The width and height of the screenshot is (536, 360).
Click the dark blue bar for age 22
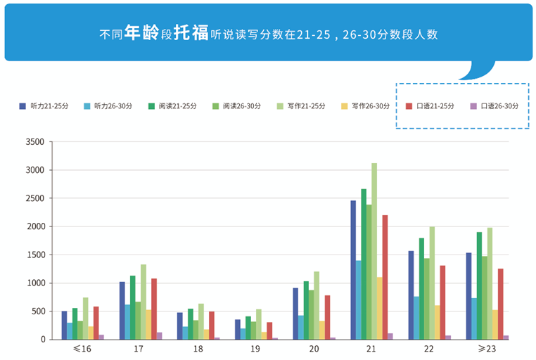411,295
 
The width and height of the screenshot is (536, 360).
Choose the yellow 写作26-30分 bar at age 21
379,308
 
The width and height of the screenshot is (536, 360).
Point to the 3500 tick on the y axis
34,142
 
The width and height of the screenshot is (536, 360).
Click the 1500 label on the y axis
34,255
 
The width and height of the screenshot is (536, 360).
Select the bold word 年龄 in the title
141,33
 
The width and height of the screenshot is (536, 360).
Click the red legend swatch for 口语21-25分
409,106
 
